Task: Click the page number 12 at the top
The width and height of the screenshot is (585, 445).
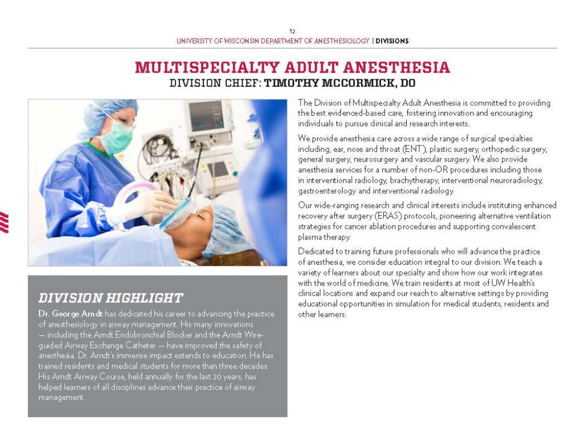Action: coord(292,31)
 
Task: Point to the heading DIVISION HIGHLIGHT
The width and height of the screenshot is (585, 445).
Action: coord(110,298)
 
